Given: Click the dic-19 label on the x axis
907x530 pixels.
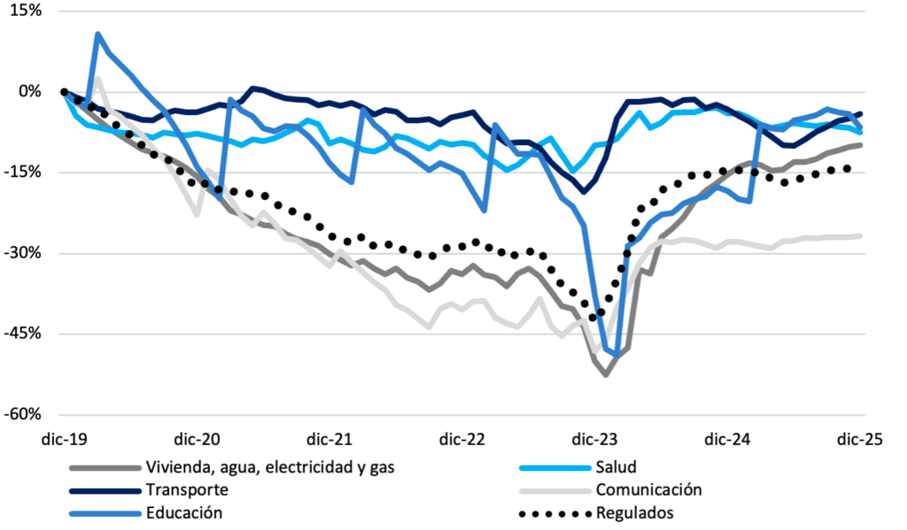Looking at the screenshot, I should click(x=65, y=438).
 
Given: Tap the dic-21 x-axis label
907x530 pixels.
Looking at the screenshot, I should click(x=330, y=438).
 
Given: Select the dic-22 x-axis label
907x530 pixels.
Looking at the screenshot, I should click(x=463, y=438).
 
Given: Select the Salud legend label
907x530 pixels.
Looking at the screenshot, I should click(x=616, y=468).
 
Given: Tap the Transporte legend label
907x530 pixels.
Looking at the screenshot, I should click(x=188, y=490).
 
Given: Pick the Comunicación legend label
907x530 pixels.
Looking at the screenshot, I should click(x=648, y=490).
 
